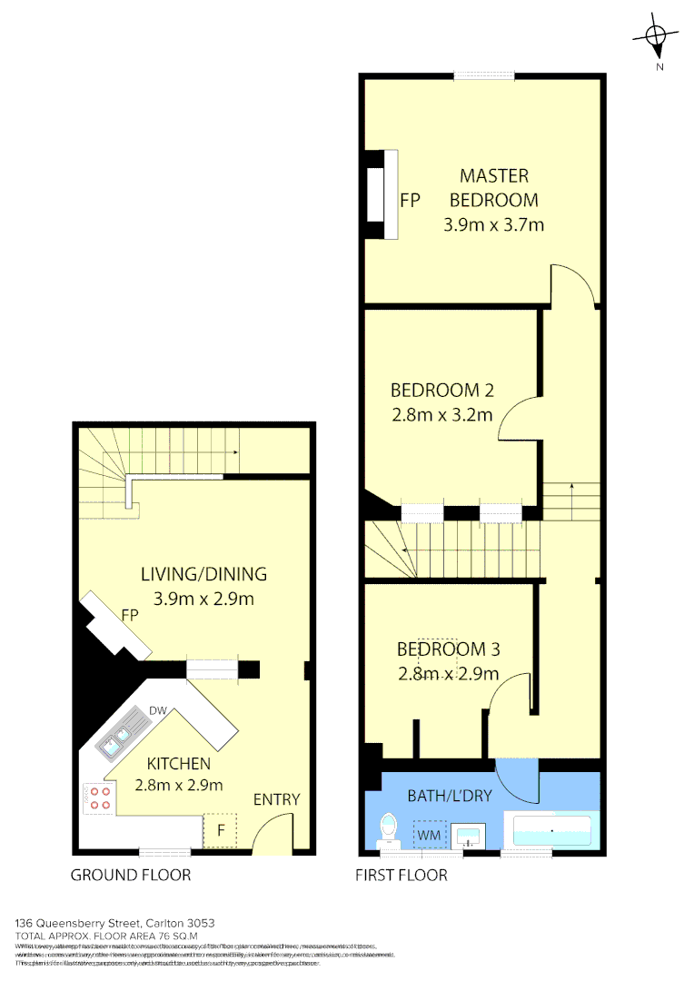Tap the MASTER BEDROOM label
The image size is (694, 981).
[493, 187]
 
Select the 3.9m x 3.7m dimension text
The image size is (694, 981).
[493, 224]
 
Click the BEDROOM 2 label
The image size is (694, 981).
[441, 391]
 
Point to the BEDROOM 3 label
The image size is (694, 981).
[448, 649]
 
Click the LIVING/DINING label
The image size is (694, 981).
[203, 573]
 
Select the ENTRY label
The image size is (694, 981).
[276, 799]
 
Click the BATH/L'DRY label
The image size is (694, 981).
[449, 796]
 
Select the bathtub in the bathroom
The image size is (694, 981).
[552, 831]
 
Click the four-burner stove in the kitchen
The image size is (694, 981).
[98, 798]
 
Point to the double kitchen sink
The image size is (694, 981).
[118, 736]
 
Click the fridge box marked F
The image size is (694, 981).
[220, 829]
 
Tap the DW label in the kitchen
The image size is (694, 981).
[156, 710]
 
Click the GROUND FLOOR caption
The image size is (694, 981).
[131, 876]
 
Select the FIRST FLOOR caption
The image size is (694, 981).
[402, 876]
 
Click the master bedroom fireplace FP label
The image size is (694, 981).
[411, 201]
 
